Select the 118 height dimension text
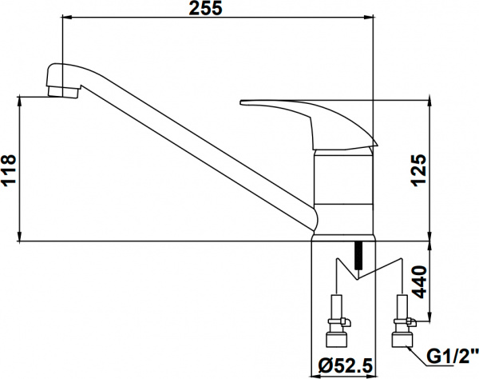tap(9, 169)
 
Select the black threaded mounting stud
tap(358, 255)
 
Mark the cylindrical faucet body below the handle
tap(344, 192)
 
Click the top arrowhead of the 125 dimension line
tap(431, 104)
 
